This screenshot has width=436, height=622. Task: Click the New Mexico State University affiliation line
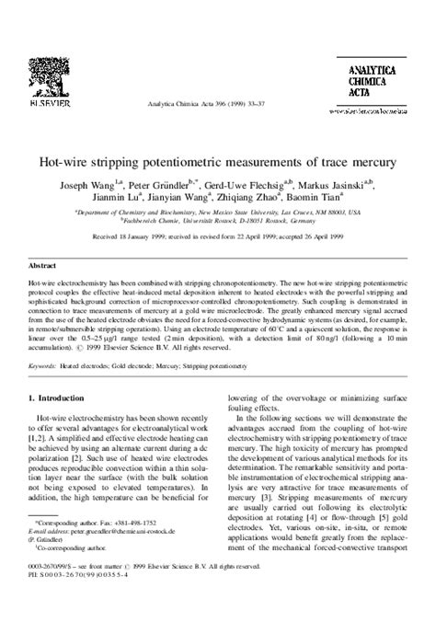218,211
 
